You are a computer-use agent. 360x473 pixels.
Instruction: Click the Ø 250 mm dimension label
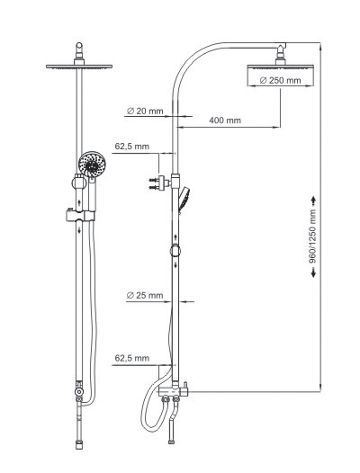click(x=280, y=81)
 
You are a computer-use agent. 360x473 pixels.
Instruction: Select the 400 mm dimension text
click(x=225, y=120)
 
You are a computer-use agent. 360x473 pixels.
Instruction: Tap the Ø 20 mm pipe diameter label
click(x=145, y=111)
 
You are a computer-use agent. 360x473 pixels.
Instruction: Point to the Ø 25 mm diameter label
click(x=145, y=295)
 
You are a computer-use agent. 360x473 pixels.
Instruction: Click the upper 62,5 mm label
click(x=132, y=147)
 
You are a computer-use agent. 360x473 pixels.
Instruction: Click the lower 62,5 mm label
click(x=132, y=358)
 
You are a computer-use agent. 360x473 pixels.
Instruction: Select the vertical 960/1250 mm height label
click(x=313, y=236)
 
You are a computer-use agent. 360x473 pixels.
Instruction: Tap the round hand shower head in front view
click(x=92, y=164)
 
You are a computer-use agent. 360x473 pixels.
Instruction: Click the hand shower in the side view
click(x=184, y=199)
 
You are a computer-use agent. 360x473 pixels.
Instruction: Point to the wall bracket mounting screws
click(x=154, y=184)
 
